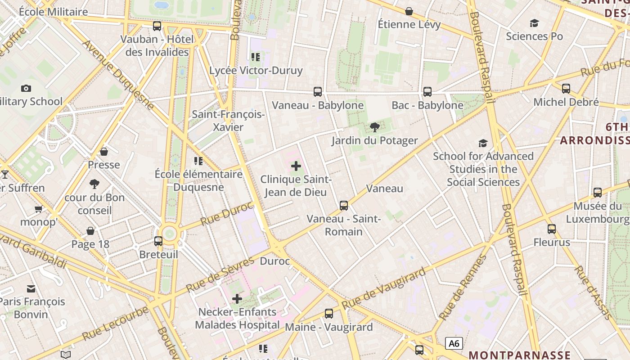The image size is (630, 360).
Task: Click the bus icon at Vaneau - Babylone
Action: click(x=318, y=92)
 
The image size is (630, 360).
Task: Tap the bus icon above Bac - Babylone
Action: click(x=427, y=92)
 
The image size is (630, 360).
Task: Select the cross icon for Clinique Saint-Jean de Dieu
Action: click(x=296, y=166)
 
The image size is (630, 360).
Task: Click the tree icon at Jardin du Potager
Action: click(x=374, y=127)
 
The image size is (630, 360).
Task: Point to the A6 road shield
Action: click(x=454, y=344)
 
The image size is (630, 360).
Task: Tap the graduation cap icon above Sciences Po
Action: click(x=534, y=23)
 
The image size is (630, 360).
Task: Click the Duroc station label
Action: click(x=275, y=261)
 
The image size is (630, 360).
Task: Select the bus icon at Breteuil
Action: click(x=158, y=241)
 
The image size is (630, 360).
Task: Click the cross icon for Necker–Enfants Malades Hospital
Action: click(x=237, y=298)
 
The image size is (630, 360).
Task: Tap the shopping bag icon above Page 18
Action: click(x=90, y=231)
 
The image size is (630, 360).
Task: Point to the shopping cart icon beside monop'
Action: click(x=39, y=209)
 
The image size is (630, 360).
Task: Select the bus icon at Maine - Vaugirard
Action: click(x=329, y=314)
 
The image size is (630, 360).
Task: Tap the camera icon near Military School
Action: click(x=26, y=88)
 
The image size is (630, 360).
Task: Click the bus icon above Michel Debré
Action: click(x=566, y=89)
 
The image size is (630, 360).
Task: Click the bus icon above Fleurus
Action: click(x=552, y=229)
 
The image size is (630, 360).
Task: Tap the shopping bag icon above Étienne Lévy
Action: click(x=409, y=11)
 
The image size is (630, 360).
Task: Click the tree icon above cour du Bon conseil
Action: click(x=94, y=184)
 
